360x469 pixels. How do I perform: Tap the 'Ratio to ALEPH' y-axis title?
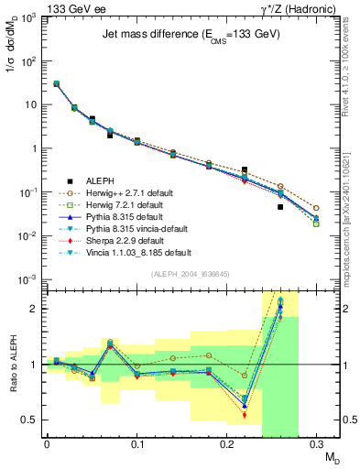coord(12,364)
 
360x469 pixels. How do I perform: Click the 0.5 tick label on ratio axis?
coord(31,420)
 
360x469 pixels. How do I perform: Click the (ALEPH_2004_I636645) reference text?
coord(182,275)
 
